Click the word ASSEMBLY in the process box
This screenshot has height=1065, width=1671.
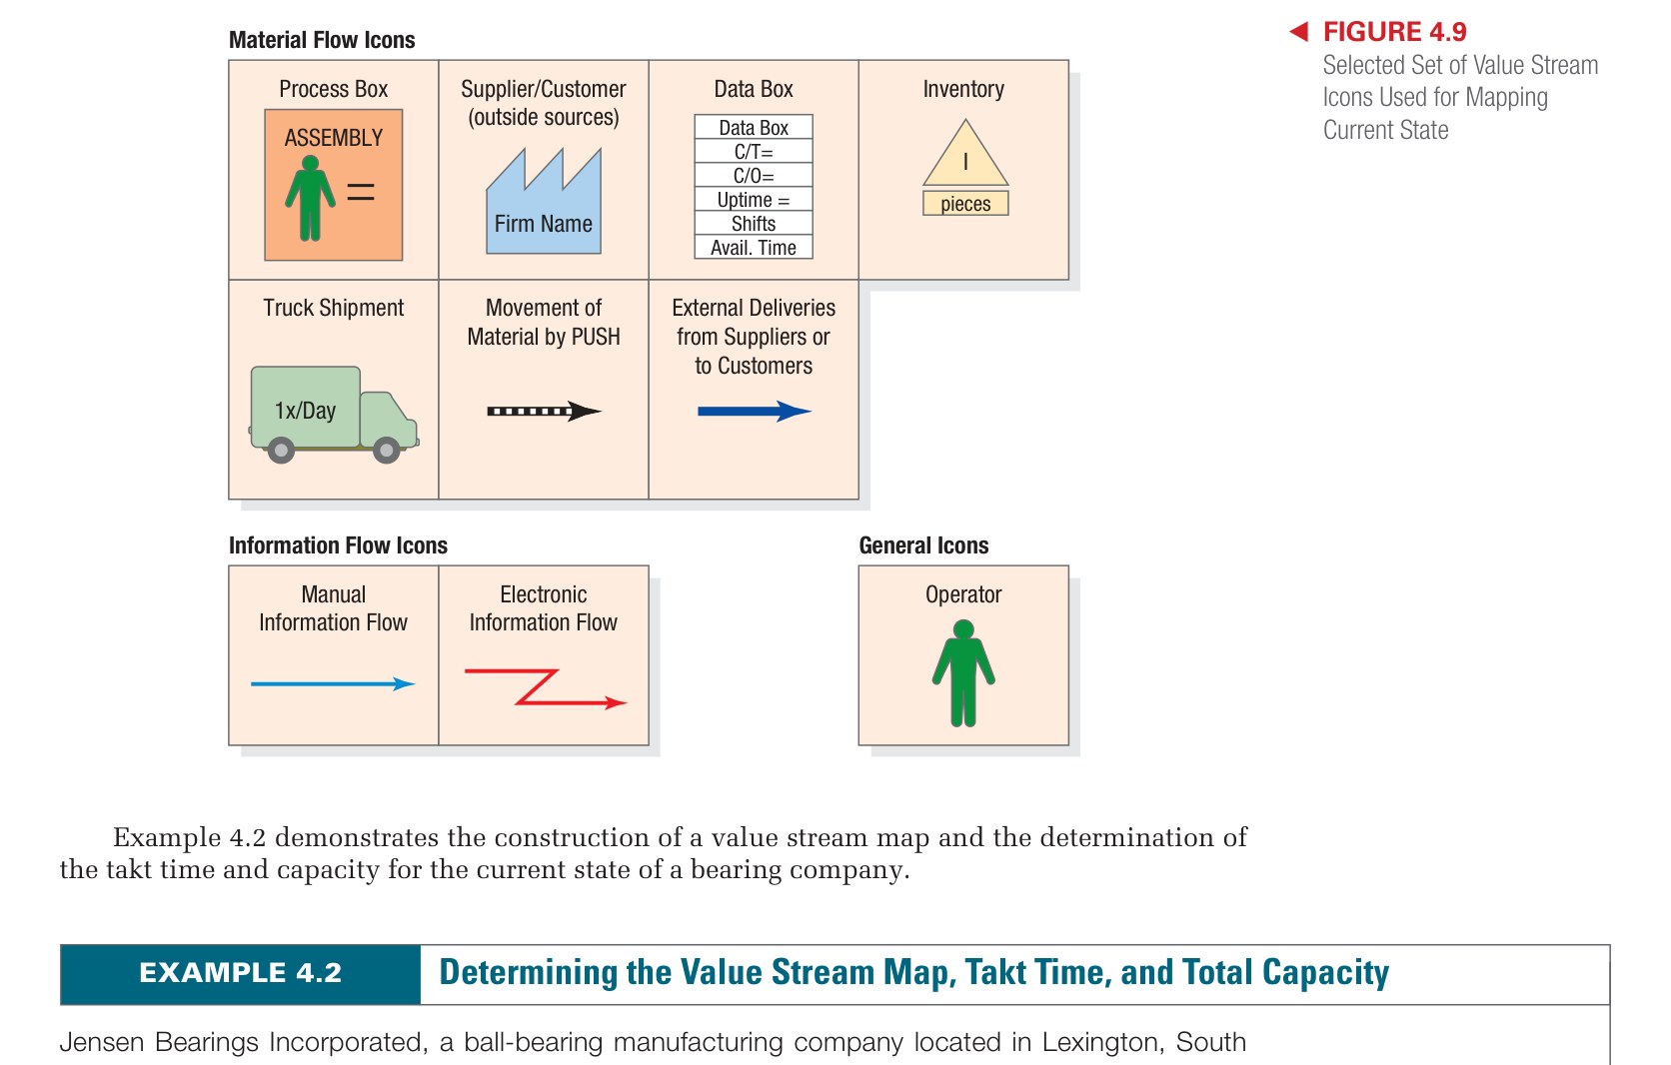(x=333, y=138)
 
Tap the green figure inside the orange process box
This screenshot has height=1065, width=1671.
(x=310, y=201)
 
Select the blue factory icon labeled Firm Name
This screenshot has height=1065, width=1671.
(x=544, y=205)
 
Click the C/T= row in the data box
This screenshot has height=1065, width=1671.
(x=754, y=152)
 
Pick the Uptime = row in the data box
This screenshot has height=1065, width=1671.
(x=754, y=200)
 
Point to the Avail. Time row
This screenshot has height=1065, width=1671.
(x=754, y=248)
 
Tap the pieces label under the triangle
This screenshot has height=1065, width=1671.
(x=965, y=204)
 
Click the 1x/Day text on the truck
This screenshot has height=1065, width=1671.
(x=305, y=411)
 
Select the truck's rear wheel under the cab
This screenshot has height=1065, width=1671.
(x=386, y=451)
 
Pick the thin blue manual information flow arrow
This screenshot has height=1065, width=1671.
(x=333, y=684)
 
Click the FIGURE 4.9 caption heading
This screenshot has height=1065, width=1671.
(x=1394, y=32)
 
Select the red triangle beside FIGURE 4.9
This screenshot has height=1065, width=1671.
(x=1299, y=32)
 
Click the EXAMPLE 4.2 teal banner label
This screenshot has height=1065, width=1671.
(x=240, y=973)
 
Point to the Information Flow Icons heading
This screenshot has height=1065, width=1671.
(x=338, y=545)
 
